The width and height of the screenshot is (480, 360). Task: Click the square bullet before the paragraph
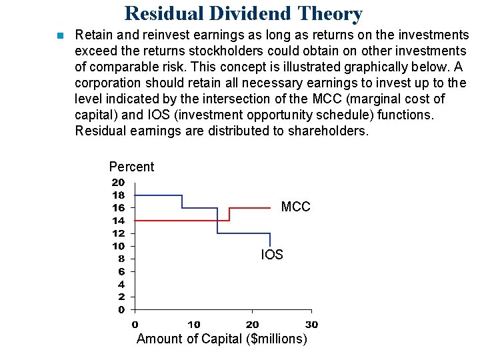coord(59,35)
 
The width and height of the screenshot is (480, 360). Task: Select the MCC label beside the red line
coord(295,207)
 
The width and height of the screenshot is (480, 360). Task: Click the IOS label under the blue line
coord(271,255)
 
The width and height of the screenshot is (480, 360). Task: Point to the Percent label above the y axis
coord(131,167)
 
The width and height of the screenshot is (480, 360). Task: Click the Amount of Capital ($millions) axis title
coord(222,339)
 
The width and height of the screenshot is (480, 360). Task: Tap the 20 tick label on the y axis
coord(117,182)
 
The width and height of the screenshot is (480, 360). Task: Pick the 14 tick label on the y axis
coord(117,220)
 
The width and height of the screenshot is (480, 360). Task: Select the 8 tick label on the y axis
coord(121,259)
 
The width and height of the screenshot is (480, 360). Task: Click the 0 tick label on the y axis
coord(121,309)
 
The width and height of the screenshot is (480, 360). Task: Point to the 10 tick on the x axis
coord(193,324)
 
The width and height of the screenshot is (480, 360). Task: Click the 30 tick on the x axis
coord(311,324)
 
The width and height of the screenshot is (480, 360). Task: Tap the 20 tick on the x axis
coord(252,324)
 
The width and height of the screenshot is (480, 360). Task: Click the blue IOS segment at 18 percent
coord(158,195)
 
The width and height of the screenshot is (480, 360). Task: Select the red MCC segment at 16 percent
coord(249,208)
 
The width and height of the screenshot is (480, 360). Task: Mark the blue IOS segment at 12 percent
coord(243,233)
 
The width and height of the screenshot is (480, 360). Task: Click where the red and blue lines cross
coord(217,220)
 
